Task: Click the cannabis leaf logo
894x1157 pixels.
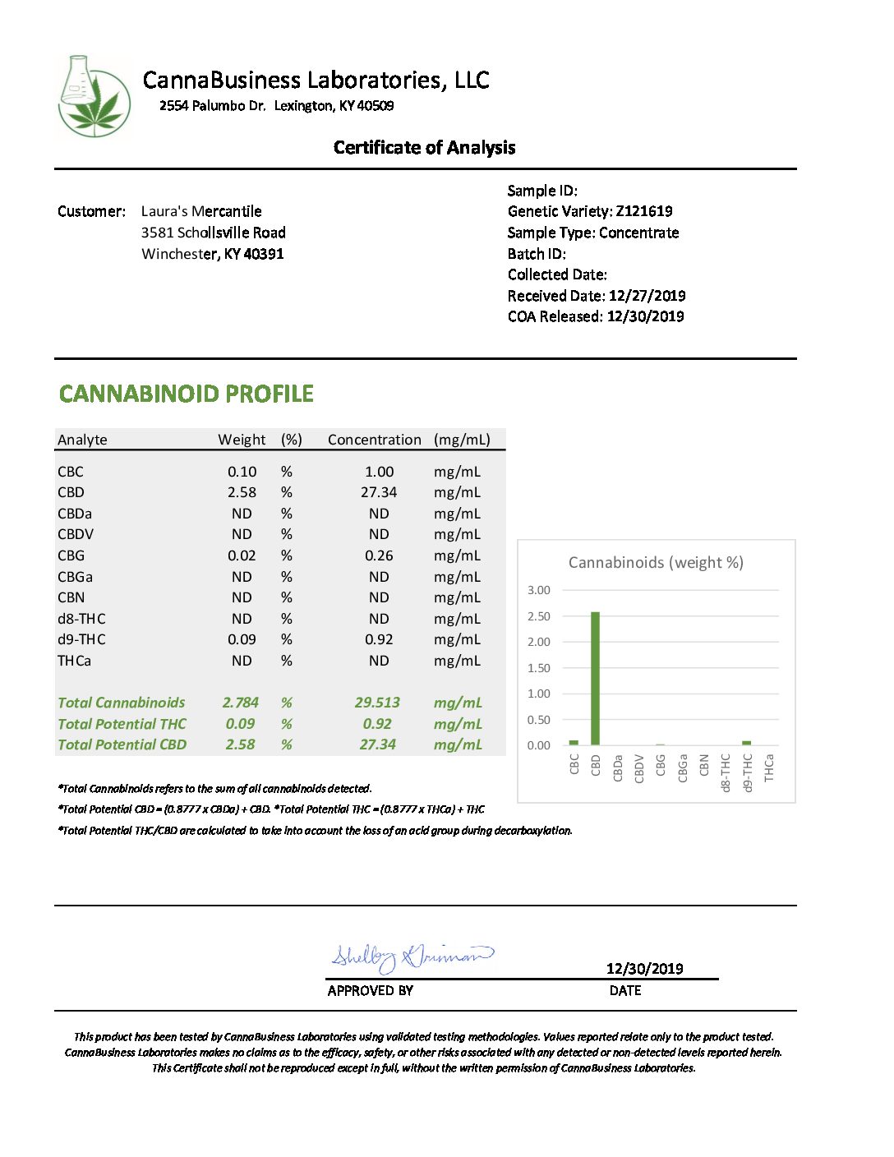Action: tap(94, 97)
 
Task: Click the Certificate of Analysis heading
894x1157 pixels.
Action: tap(424, 148)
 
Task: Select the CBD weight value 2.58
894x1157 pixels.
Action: tap(242, 492)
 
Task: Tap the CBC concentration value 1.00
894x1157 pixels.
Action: tap(379, 472)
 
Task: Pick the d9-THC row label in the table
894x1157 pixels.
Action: tap(81, 639)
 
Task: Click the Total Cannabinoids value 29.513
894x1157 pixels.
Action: tap(377, 703)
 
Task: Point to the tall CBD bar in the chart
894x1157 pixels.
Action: tap(595, 678)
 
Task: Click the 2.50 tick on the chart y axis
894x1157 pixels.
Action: tap(539, 616)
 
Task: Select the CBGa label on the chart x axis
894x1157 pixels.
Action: tap(682, 767)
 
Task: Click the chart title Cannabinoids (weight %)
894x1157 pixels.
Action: tap(656, 563)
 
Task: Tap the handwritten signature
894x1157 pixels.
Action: tap(411, 956)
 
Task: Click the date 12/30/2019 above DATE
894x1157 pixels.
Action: tap(644, 969)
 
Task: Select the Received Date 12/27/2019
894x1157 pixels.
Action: tap(647, 296)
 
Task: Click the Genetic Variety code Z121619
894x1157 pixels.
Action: tap(644, 211)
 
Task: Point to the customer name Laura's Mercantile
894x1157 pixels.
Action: tap(201, 211)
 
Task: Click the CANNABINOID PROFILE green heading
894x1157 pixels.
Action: tap(187, 394)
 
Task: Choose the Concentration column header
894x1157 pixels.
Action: tap(374, 440)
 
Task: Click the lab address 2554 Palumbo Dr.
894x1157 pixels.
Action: tap(213, 106)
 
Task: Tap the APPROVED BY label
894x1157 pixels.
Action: tap(370, 991)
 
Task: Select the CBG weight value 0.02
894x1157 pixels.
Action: tap(242, 555)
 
